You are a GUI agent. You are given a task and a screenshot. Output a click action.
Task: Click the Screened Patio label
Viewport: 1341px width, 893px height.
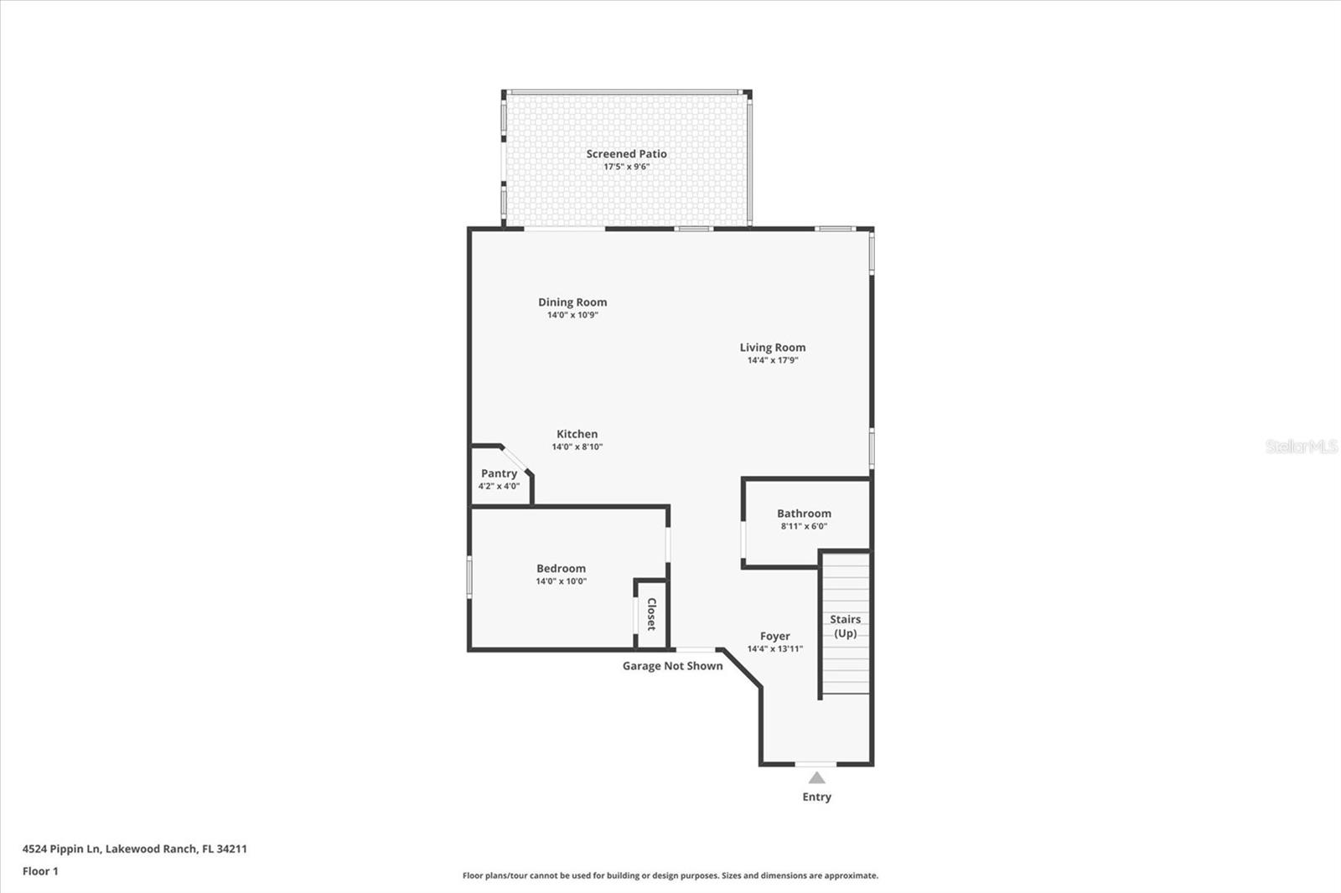point(626,153)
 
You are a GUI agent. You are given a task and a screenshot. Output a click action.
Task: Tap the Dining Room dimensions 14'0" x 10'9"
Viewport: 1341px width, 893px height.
point(572,315)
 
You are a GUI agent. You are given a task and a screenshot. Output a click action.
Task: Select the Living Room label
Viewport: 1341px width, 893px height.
point(772,347)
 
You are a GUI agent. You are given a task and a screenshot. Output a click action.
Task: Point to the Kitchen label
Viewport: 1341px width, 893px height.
point(577,434)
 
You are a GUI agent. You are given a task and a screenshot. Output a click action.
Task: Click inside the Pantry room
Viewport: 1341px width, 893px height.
point(499,480)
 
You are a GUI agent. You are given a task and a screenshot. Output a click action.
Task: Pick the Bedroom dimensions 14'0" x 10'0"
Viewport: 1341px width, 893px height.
point(561,581)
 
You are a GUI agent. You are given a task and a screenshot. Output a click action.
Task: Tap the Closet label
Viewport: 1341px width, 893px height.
point(651,614)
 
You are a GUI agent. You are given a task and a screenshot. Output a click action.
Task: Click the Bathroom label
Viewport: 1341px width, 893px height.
point(804,514)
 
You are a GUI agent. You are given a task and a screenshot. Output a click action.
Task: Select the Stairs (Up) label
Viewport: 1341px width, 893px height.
point(845,626)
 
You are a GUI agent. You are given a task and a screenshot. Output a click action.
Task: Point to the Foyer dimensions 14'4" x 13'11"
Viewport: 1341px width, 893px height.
point(774,648)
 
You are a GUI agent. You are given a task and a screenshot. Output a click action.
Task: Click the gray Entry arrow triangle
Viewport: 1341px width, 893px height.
point(816,778)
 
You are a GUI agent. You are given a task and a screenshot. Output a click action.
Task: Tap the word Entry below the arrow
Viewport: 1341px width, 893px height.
point(816,797)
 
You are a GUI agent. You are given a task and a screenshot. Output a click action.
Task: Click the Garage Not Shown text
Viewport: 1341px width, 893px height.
point(672,666)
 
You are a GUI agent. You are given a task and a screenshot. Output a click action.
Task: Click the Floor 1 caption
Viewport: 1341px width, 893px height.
point(40,871)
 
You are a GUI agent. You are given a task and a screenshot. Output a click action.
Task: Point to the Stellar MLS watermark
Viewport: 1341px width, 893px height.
point(1301,446)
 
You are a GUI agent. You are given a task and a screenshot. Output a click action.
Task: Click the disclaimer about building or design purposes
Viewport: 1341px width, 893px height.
point(670,875)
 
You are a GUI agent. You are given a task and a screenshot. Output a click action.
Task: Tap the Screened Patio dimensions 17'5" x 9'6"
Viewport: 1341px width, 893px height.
point(626,167)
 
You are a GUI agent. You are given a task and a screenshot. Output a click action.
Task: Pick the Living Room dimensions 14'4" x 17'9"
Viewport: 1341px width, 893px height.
point(772,360)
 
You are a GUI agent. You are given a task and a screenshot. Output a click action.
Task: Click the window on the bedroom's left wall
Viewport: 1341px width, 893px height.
point(469,577)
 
